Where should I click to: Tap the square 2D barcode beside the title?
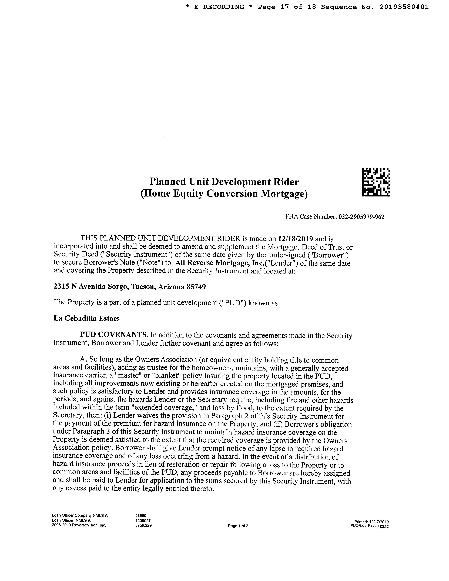click(376, 182)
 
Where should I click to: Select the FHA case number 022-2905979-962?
click(361, 217)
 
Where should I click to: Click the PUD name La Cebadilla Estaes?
click(86, 318)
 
